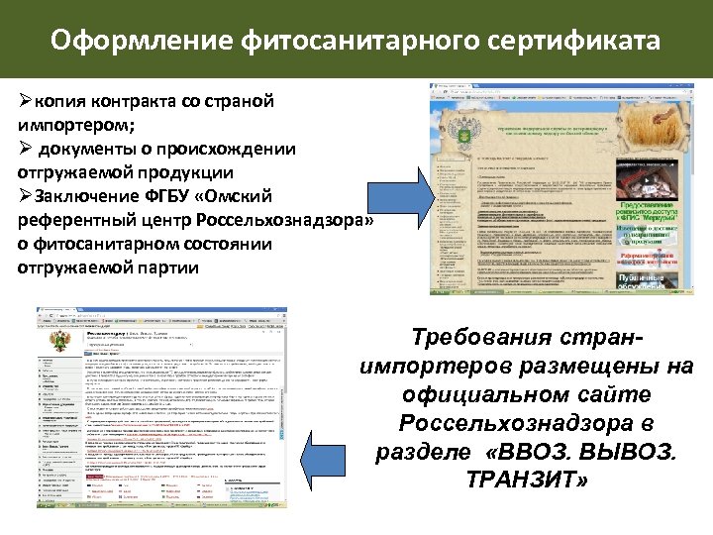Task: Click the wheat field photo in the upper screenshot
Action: [664, 118]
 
